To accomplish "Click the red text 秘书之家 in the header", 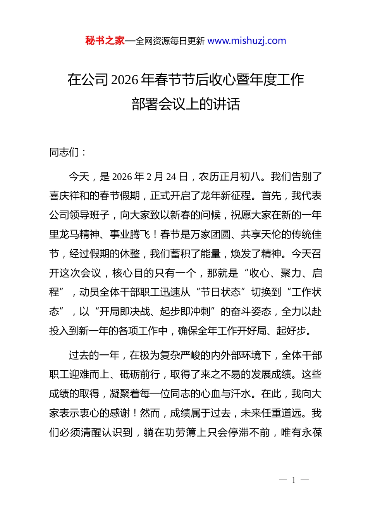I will (105, 41).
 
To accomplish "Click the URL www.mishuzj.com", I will (247, 41).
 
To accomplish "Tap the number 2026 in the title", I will (124, 80).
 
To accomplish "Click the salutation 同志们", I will (64, 152).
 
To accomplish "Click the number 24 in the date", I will (171, 177).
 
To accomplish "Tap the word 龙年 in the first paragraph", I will (210, 196).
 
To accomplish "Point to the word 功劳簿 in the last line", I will (181, 433).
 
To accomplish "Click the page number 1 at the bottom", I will (294, 481).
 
